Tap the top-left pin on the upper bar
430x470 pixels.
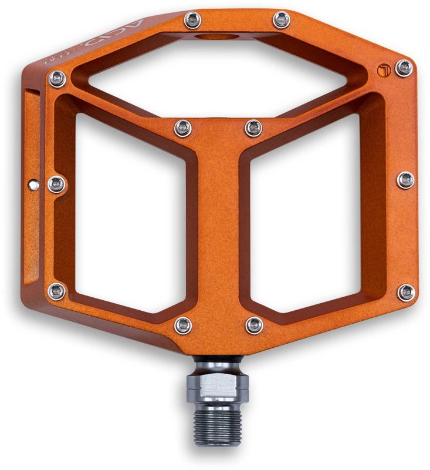192,22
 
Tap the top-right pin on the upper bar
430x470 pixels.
282,22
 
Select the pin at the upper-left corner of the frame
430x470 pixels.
56,77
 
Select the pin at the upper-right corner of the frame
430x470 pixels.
404,68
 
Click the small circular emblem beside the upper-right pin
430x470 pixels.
382,70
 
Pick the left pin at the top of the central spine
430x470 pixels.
183,126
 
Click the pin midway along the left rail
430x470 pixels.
56,184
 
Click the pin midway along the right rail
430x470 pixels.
405,180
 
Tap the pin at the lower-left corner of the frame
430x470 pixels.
57,290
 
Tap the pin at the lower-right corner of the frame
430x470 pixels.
405,291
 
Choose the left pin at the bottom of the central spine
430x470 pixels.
183,325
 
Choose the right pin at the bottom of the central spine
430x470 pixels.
254,325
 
